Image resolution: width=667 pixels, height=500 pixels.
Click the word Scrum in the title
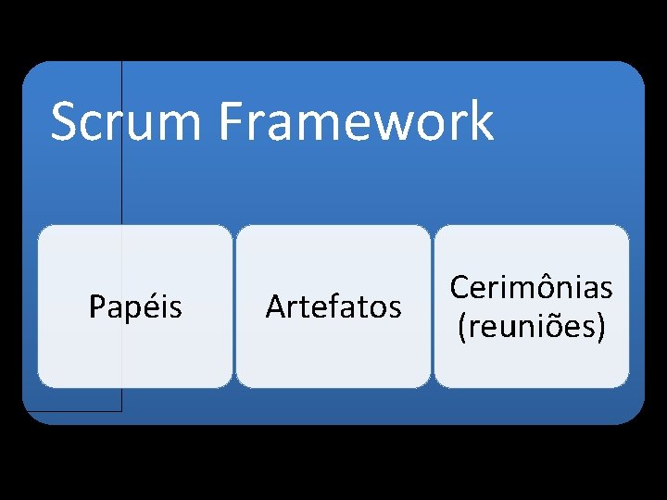point(130,122)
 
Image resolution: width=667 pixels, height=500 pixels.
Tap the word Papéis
point(135,306)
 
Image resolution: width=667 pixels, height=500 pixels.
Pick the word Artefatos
point(333,306)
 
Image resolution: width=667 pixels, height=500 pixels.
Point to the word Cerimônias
point(531,288)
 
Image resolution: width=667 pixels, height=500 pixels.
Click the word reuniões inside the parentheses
point(532,327)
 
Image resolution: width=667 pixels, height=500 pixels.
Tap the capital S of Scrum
point(64,122)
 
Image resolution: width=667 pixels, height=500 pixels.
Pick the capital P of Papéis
point(97,306)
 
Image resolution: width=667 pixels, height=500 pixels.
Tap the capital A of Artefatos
point(274,306)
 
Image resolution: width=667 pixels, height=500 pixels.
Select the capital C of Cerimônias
point(459,288)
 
